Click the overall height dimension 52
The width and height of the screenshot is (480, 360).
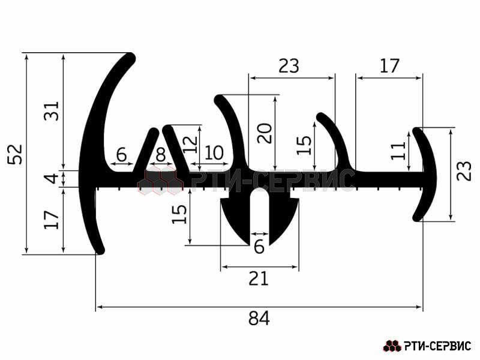16,154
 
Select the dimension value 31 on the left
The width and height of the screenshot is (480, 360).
52,110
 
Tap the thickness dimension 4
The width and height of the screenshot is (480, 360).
53,178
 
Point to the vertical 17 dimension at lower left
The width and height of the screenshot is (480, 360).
52,220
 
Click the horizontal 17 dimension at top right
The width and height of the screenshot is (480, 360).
389,66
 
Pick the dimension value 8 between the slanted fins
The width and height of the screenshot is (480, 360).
161,155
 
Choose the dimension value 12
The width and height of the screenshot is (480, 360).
190,145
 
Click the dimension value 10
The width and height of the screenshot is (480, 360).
214,153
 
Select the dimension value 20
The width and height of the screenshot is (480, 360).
265,133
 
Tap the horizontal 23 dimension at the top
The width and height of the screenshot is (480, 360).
289,66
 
